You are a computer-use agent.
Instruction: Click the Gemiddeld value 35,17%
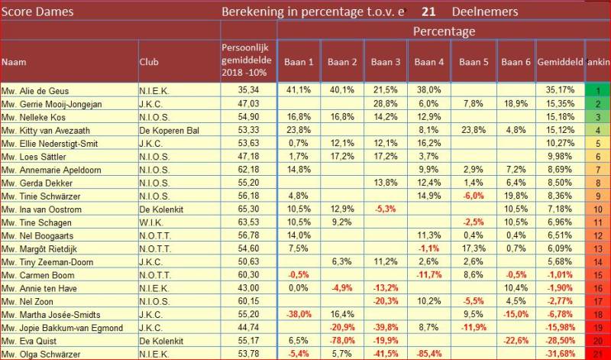[560, 89]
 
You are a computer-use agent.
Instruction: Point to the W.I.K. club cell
[151, 222]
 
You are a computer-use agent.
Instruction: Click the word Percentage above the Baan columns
[444, 31]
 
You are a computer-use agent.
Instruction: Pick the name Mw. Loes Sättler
[31, 156]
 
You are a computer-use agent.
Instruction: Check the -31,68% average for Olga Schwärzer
[560, 354]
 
